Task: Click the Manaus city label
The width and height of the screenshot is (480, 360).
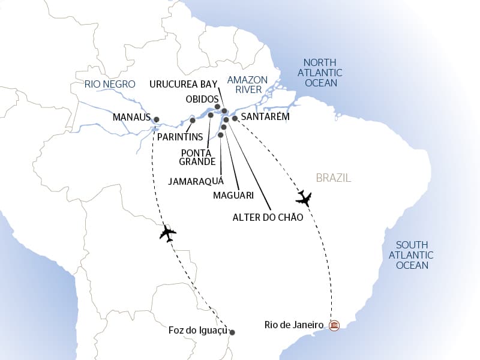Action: point(131,118)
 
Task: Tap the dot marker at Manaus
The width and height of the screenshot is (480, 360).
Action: point(157,119)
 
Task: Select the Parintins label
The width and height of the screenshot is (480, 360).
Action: point(180,137)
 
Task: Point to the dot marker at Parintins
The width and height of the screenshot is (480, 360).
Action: point(193,121)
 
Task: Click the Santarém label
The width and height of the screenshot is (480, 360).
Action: point(265,117)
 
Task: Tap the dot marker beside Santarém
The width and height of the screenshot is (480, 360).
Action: point(235,119)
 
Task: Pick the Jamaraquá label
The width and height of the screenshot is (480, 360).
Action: point(196,180)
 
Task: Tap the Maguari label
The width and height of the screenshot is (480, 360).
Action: point(233,195)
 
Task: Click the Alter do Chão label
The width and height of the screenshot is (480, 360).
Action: point(268,217)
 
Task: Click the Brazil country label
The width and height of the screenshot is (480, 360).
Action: point(333,178)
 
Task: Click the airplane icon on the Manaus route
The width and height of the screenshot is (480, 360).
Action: point(167,233)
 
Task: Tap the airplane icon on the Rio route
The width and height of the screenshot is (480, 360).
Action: point(304,198)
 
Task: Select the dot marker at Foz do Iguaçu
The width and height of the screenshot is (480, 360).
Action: point(233,332)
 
